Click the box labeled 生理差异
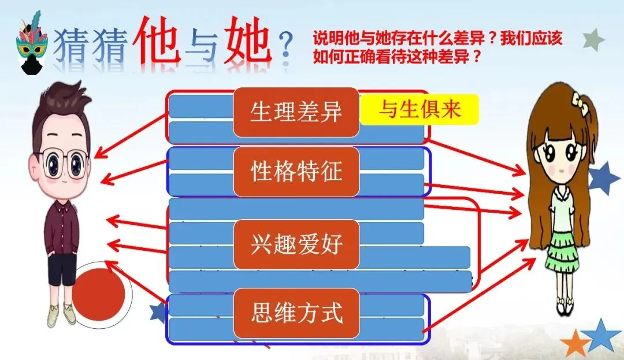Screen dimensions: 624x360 pos(296,112)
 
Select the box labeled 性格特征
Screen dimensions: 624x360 pos(296,172)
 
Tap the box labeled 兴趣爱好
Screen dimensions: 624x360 pos(296,245)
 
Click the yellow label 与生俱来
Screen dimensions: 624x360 pos(419,110)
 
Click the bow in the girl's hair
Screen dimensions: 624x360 pos(579,103)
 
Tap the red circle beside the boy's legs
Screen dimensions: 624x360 pos(99,295)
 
